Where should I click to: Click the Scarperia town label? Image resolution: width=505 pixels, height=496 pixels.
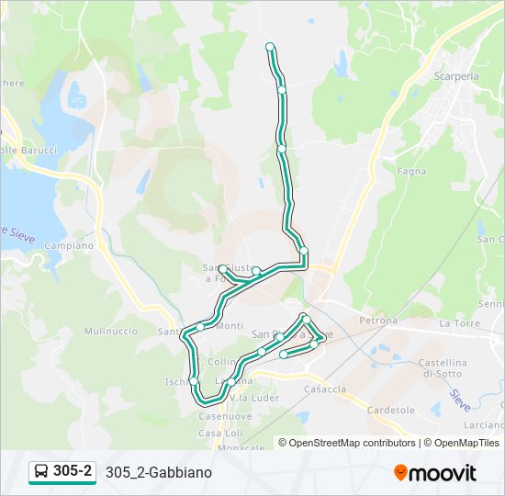[456, 76]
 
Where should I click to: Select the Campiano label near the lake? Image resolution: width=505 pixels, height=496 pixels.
[69, 246]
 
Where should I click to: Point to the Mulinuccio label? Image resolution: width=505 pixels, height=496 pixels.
[110, 331]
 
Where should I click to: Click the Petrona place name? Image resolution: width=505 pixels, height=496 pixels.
[377, 321]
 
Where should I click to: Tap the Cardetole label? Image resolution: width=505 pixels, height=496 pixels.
[392, 410]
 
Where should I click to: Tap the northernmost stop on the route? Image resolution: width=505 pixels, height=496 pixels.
[270, 46]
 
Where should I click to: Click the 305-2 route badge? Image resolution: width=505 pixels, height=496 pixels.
[62, 471]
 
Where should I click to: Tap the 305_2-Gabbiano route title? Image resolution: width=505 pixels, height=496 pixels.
[159, 472]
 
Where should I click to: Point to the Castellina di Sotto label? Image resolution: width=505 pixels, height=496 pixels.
[443, 368]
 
